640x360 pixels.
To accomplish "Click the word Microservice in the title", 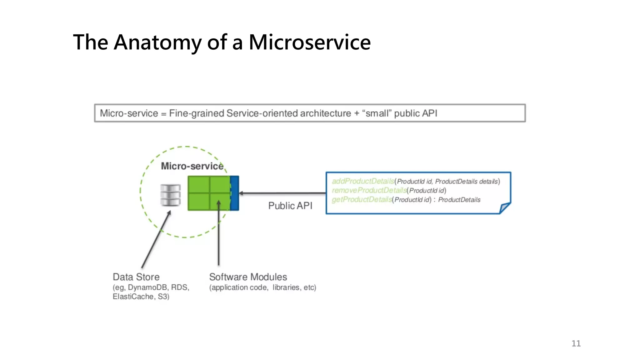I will coord(309,42).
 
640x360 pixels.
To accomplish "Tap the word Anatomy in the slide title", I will coord(157,42).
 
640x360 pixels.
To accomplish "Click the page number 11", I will coord(576,343).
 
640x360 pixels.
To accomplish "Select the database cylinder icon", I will coord(170,195).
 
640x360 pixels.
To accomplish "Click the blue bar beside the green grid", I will coord(235,193).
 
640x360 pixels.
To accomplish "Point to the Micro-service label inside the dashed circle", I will coord(192,166).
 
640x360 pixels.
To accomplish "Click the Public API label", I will coord(290,206).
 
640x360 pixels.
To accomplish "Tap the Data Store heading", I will coord(136,277).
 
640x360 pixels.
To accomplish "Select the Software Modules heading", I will coord(248,277).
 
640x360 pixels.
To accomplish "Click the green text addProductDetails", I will coord(363,181).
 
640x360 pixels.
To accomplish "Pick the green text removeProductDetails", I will coord(369,190).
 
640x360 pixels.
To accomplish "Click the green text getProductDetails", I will coord(362,199).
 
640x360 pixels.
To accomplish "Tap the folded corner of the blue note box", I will coord(504,208).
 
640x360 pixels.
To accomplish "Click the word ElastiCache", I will coord(133,297).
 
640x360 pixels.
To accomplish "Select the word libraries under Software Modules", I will coord(286,287).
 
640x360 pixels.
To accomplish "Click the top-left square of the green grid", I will coord(199,185).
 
